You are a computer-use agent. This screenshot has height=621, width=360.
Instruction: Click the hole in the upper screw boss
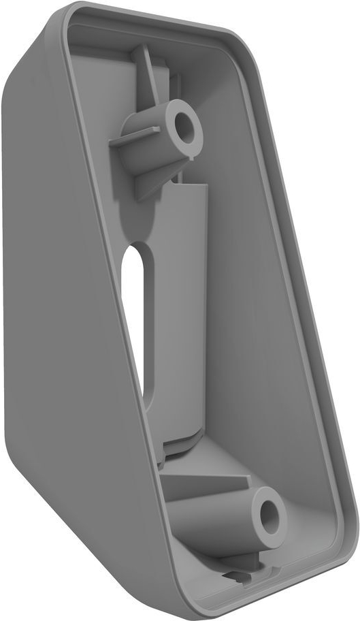click(184, 124)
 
